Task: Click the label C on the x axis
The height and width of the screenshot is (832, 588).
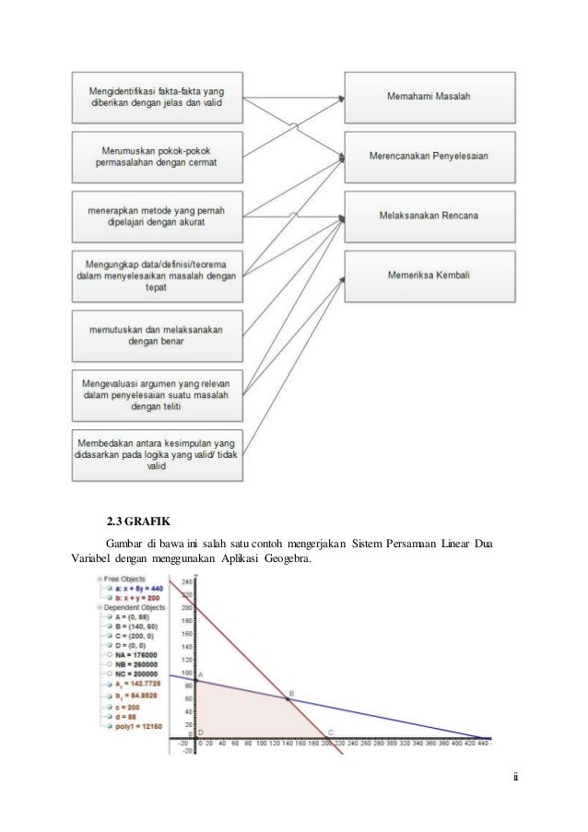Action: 331,732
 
